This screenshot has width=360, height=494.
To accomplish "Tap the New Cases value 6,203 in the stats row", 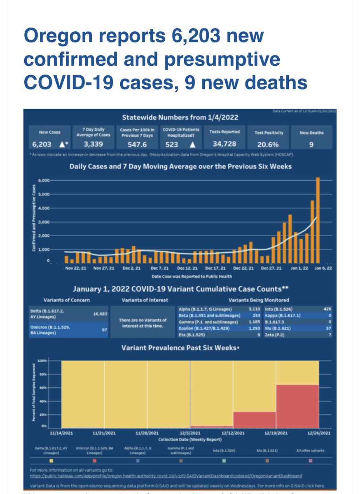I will tap(41, 144).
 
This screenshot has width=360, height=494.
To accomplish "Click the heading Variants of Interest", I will tap(140, 300).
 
